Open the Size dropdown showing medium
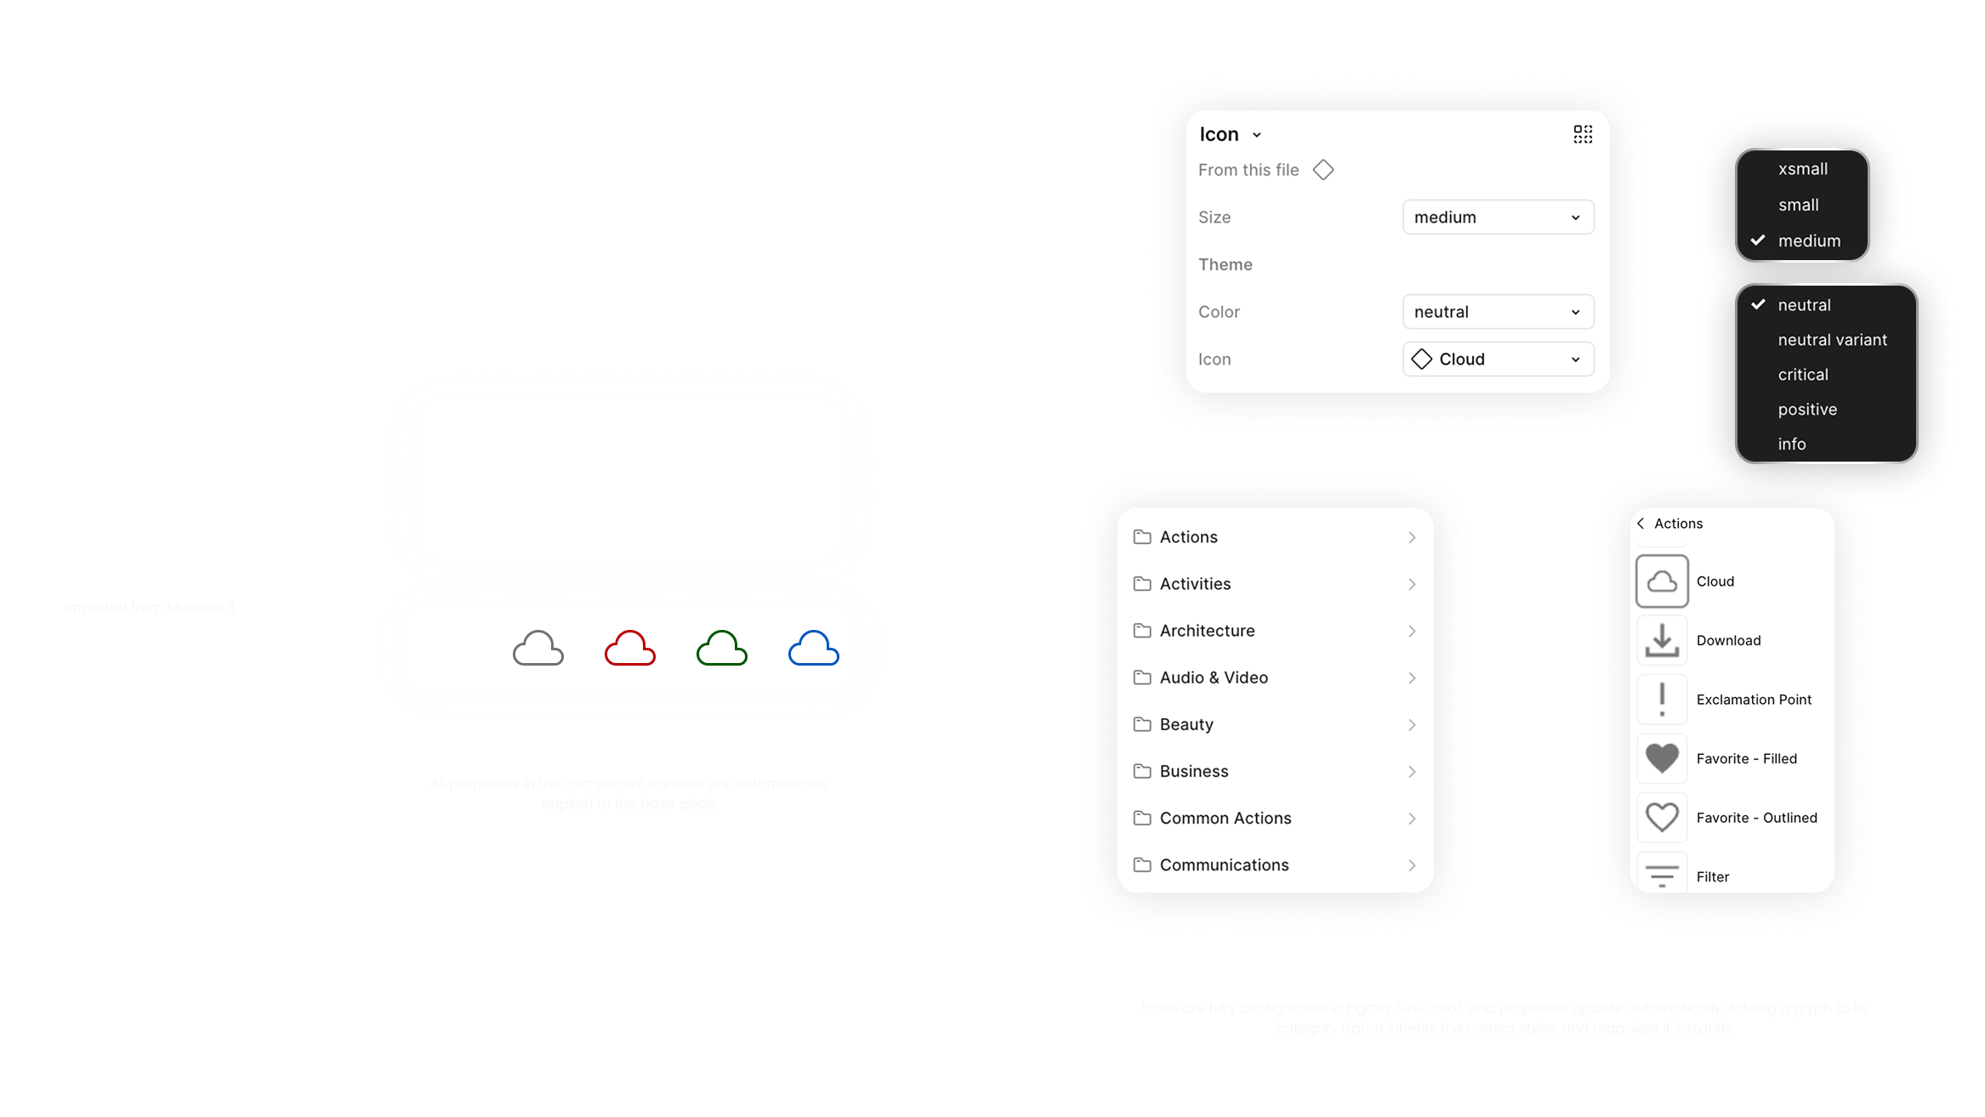tap(1498, 218)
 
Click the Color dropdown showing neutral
tap(1498, 312)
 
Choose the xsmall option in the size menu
tap(1803, 169)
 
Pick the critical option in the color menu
tap(1803, 375)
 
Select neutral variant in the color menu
tap(1832, 340)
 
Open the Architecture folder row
tap(1275, 631)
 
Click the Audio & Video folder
tap(1275, 678)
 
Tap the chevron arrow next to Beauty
tap(1412, 725)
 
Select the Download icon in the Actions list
tap(1662, 641)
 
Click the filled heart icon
tap(1662, 758)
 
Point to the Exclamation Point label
tap(1754, 700)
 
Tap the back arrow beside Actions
tap(1641, 524)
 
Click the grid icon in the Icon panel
tap(1583, 134)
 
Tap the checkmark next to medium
tap(1758, 241)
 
